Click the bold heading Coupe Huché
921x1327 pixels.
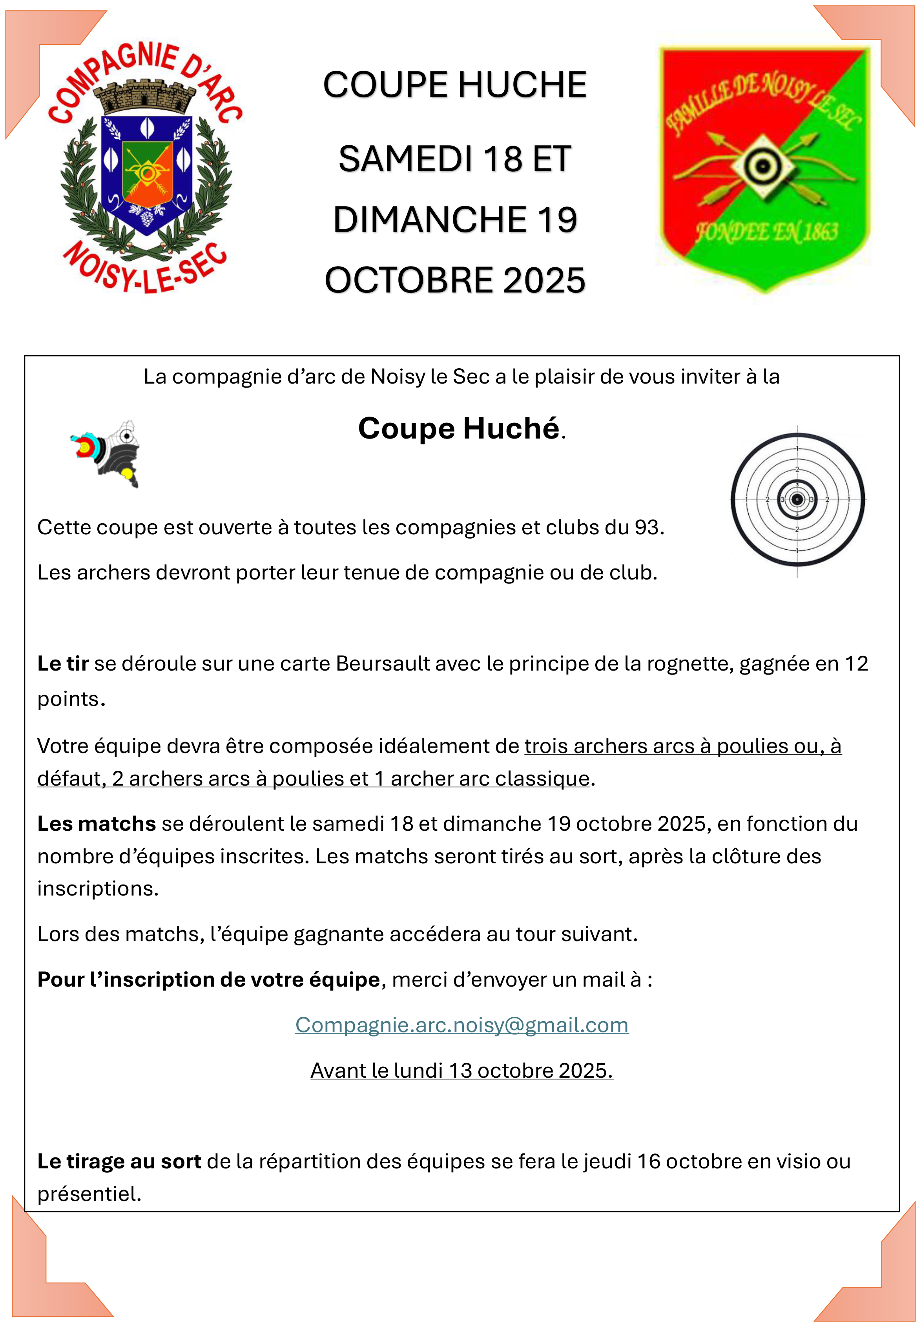(459, 428)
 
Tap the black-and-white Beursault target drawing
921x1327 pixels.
(797, 499)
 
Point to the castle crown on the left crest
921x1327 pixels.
(144, 97)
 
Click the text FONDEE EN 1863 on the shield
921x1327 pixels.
(766, 232)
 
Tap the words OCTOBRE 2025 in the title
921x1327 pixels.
(455, 281)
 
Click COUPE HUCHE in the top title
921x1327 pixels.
(455, 85)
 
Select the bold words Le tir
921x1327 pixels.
(62, 664)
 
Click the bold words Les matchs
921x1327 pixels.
(97, 824)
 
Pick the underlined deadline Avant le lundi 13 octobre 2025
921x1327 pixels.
(461, 1070)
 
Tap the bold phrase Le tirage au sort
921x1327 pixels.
(119, 1161)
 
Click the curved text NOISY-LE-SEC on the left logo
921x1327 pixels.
(144, 269)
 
